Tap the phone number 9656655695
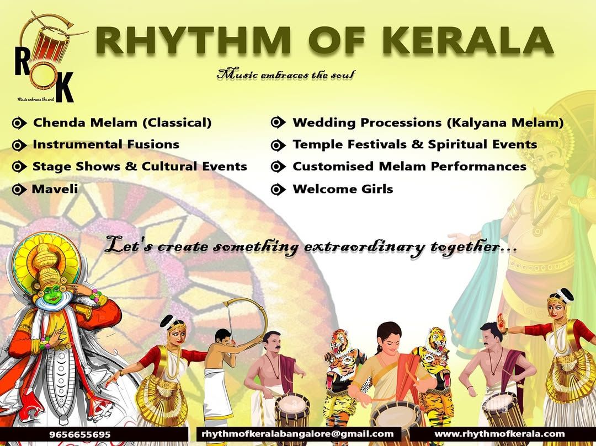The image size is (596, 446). (x=80, y=434)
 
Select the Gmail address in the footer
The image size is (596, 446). (x=297, y=433)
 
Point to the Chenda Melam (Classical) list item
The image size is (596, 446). (x=122, y=122)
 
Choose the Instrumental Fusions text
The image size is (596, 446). (x=105, y=144)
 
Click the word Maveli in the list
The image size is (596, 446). (x=55, y=189)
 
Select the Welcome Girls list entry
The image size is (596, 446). (x=343, y=189)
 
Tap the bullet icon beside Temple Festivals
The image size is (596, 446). (x=278, y=145)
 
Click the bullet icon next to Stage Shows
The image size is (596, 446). (x=19, y=166)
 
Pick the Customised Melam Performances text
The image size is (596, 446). (x=409, y=166)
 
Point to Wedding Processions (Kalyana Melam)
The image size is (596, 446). (x=428, y=122)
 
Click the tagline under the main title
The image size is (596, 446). (x=286, y=74)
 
